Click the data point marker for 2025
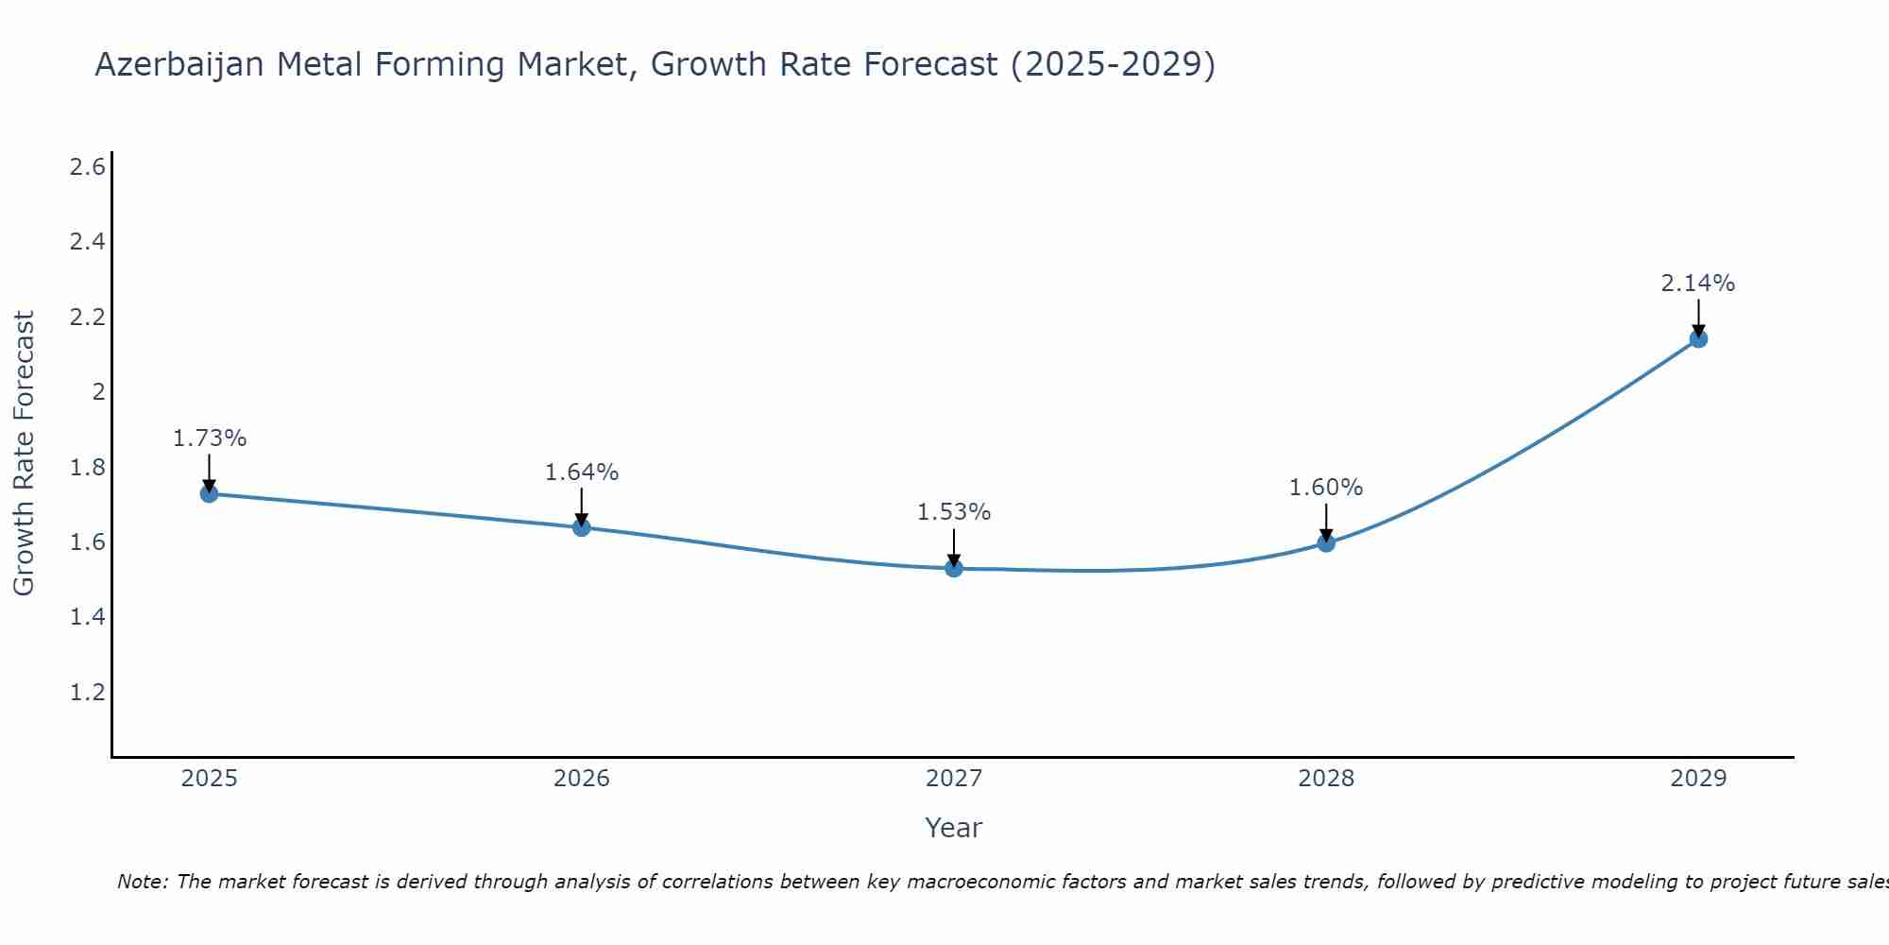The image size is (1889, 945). pos(209,493)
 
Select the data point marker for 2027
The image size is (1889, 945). pos(954,568)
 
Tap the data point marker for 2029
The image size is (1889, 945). pos(1698,338)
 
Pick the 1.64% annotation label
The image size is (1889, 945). pos(582,472)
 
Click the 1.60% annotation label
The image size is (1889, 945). pos(1326,488)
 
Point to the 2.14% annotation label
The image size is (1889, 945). pos(1698,283)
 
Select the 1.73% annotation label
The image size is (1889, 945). pos(210,438)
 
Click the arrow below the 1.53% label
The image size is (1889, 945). pos(954,546)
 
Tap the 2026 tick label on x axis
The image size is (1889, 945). pos(582,779)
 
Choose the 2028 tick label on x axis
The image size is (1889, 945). pos(1326,779)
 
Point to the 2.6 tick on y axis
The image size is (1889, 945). pos(87,167)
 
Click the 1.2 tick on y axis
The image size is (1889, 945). pos(87,692)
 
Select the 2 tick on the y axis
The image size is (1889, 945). pos(97,391)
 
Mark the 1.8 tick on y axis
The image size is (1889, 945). pos(87,467)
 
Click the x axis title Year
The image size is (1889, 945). pos(954,828)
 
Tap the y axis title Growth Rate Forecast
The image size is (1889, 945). pos(25,454)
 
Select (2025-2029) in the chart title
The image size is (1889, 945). pos(1113,65)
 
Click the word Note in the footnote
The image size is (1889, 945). pos(142,882)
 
